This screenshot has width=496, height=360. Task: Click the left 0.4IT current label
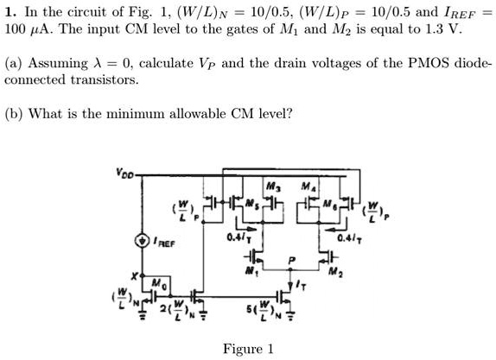(238, 237)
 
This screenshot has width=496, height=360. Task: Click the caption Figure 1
(248, 349)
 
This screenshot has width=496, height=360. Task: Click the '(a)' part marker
(12, 64)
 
